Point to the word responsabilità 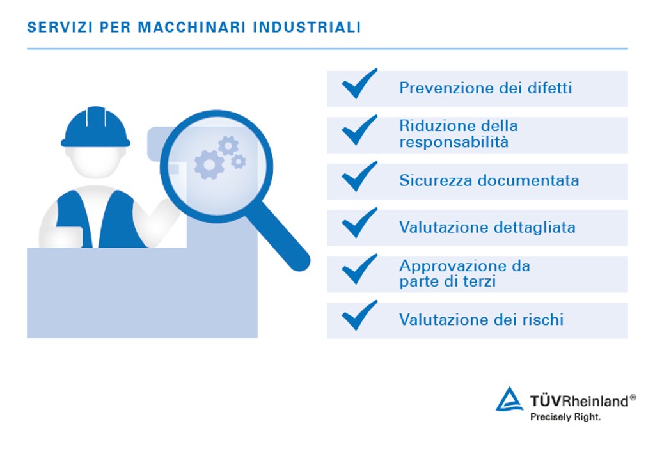(x=454, y=142)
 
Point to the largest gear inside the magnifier (x=209, y=164)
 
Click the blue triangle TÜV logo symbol (x=510, y=400)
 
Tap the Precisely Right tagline (x=565, y=417)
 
